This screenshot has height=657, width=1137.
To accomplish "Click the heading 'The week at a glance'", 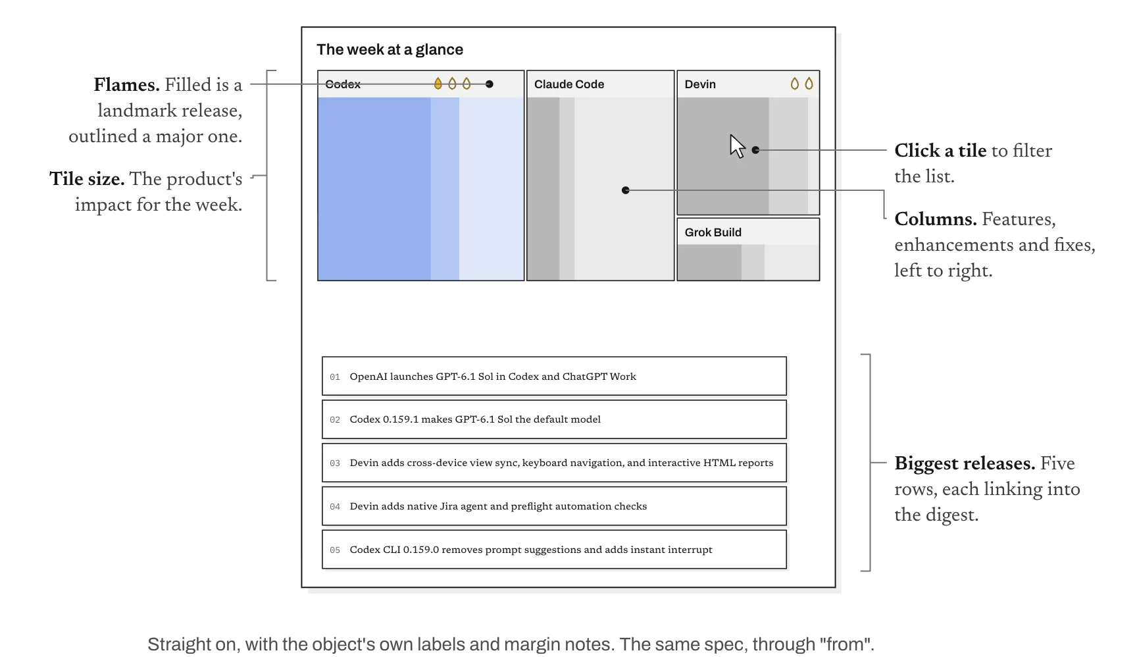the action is click(390, 50).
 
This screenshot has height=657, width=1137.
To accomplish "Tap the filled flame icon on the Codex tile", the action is click(438, 84).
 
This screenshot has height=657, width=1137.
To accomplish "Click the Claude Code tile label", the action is click(569, 84).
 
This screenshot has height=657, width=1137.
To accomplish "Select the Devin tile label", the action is click(700, 84).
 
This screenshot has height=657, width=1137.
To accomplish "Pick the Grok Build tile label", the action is click(713, 232).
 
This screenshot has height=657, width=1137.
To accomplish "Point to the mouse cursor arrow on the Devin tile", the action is click(737, 146).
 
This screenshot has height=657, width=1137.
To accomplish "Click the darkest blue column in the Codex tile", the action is click(374, 189).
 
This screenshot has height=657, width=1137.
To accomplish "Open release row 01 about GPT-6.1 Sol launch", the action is click(554, 376).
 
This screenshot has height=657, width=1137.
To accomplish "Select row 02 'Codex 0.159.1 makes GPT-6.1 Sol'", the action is click(554, 419).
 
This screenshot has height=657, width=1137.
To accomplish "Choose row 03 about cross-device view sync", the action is click(554, 463).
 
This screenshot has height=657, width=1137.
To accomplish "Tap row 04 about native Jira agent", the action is click(554, 506).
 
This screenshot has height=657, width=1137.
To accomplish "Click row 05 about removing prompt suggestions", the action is click(554, 550).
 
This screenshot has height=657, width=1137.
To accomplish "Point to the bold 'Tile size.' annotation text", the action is click(87, 179).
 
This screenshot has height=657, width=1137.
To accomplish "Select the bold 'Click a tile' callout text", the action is click(940, 151).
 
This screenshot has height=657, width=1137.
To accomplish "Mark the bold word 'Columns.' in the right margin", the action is click(935, 219).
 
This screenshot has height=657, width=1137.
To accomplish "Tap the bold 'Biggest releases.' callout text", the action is click(965, 463).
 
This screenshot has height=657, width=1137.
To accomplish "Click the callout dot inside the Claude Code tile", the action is click(626, 190).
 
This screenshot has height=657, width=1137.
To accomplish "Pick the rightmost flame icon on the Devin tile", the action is click(809, 84).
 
